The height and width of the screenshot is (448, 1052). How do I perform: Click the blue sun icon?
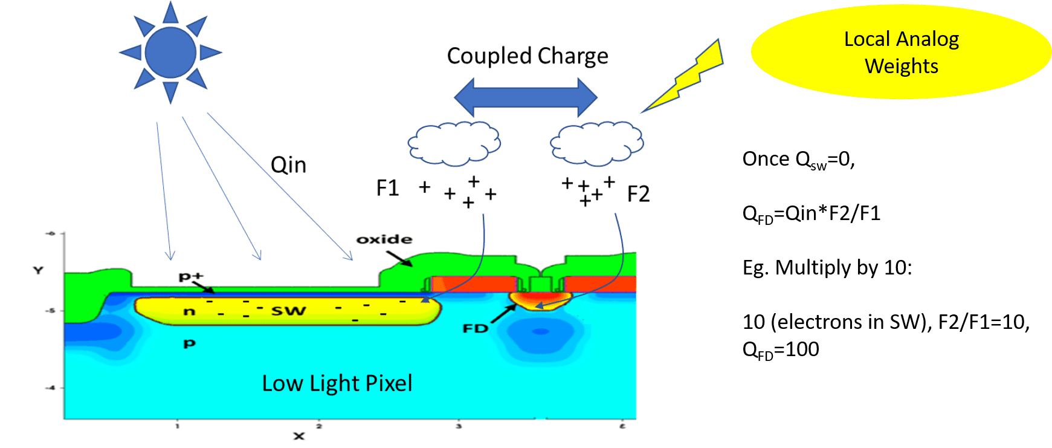170,53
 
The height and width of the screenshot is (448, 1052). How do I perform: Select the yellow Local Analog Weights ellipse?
900,52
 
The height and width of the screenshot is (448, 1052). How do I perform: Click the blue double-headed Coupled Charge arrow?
526,97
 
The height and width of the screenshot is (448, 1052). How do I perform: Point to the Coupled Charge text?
527,56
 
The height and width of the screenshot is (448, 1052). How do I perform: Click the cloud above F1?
454,143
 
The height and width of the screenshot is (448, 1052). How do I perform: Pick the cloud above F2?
597,143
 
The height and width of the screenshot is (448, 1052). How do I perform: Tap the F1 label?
387,188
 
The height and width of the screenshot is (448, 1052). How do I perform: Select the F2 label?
638,194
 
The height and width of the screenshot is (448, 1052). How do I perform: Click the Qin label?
288,165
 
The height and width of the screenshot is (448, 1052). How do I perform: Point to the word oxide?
384,239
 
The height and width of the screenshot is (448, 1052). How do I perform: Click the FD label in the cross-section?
475,328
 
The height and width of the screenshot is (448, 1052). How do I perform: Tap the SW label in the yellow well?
288,311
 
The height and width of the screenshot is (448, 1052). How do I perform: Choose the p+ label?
191,276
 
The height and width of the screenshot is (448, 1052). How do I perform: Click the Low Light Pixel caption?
337,383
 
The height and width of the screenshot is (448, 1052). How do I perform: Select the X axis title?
298,436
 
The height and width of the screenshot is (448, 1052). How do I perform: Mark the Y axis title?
38,270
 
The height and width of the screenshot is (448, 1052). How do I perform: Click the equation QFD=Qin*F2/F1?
811,213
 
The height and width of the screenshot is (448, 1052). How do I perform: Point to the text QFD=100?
781,349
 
